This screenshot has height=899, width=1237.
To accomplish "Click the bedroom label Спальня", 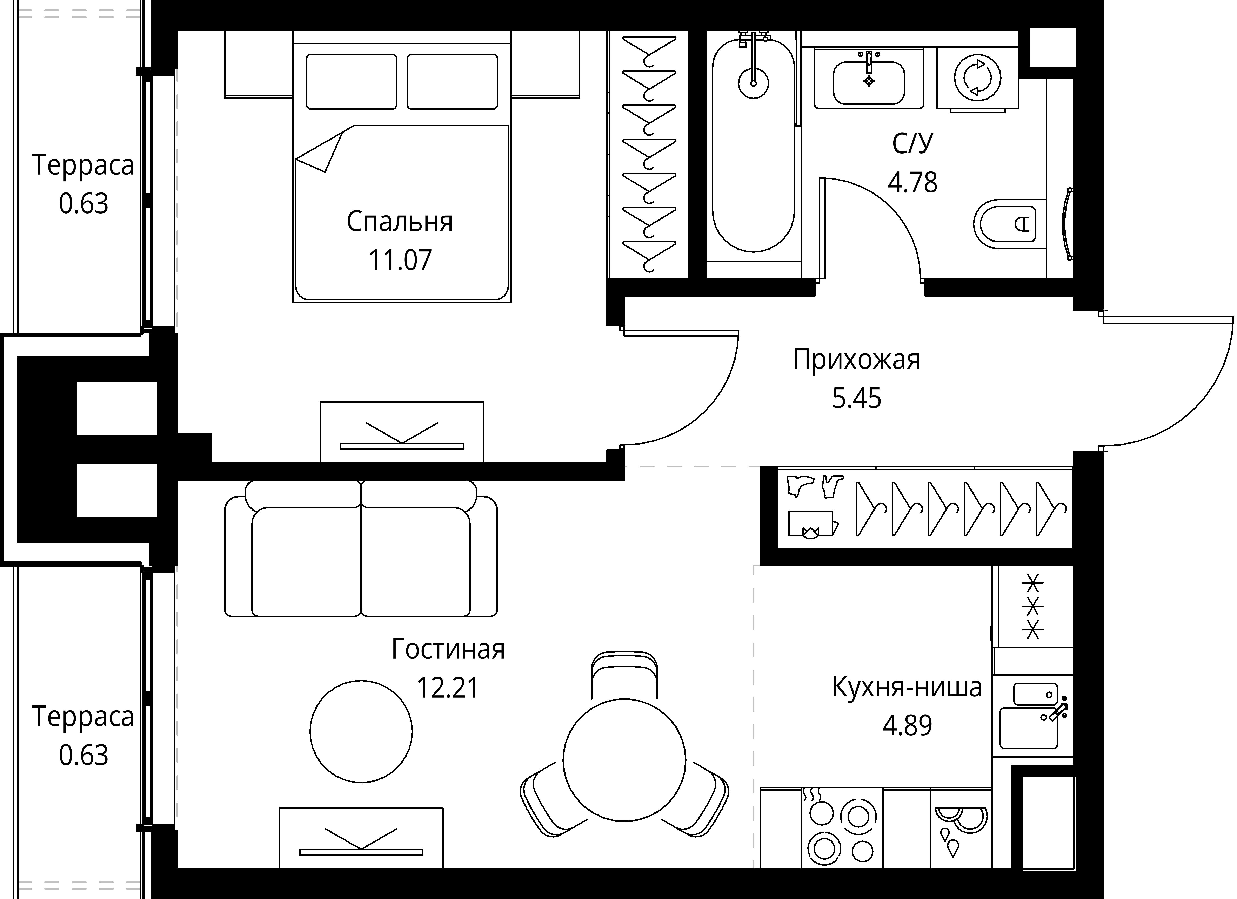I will (x=400, y=222).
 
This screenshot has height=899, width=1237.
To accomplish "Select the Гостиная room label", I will (x=448, y=649).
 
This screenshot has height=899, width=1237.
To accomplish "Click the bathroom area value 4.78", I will (x=912, y=183).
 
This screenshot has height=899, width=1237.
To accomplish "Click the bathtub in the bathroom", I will (x=753, y=147).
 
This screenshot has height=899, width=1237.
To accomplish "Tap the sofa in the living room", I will (x=361, y=551).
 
